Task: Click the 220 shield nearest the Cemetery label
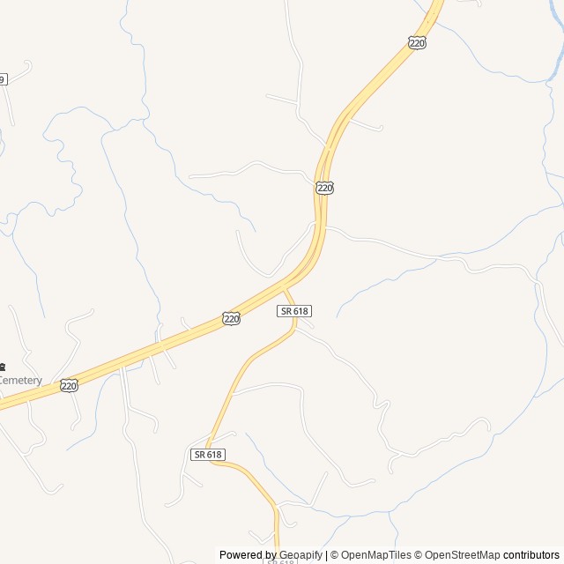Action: pyautogui.click(x=69, y=385)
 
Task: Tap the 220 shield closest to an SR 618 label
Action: pyautogui.click(x=231, y=319)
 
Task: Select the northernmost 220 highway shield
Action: pyautogui.click(x=417, y=42)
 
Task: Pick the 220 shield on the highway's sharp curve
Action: pyautogui.click(x=324, y=188)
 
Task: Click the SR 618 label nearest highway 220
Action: pyautogui.click(x=294, y=311)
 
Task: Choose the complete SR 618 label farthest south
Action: pyautogui.click(x=208, y=454)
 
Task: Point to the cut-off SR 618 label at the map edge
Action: pyautogui.click(x=280, y=560)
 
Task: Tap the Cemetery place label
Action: pyautogui.click(x=20, y=381)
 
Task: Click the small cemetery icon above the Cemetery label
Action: pyautogui.click(x=3, y=367)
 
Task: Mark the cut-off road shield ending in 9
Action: pyautogui.click(x=3, y=79)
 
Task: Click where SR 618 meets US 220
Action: pyautogui.click(x=284, y=289)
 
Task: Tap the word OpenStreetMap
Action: pyautogui.click(x=462, y=555)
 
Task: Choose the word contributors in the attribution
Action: pyautogui.click(x=531, y=555)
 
